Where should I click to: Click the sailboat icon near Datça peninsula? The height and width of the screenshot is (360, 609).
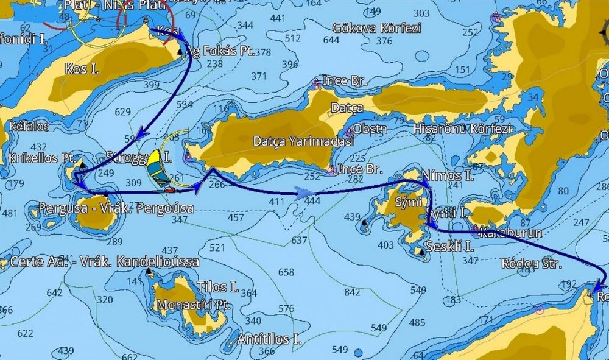coord(160,170)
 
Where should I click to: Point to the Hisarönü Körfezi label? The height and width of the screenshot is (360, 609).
coord(462,129)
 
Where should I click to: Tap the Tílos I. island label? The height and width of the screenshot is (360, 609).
coord(217,287)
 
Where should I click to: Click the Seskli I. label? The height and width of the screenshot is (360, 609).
coord(451,247)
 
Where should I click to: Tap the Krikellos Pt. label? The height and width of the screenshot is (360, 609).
coord(42,158)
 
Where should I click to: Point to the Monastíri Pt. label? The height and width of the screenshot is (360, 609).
coord(193,305)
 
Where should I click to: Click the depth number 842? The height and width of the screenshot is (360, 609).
coord(352,293)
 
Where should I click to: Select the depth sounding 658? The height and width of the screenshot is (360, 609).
coord(286,272)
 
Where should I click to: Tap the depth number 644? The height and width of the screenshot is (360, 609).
coord(331,40)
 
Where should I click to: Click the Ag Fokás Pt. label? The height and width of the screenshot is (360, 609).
coord(222,52)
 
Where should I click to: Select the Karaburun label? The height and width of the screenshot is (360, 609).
coord(502,233)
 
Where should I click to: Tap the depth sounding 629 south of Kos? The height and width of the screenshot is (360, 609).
coord(122,112)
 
